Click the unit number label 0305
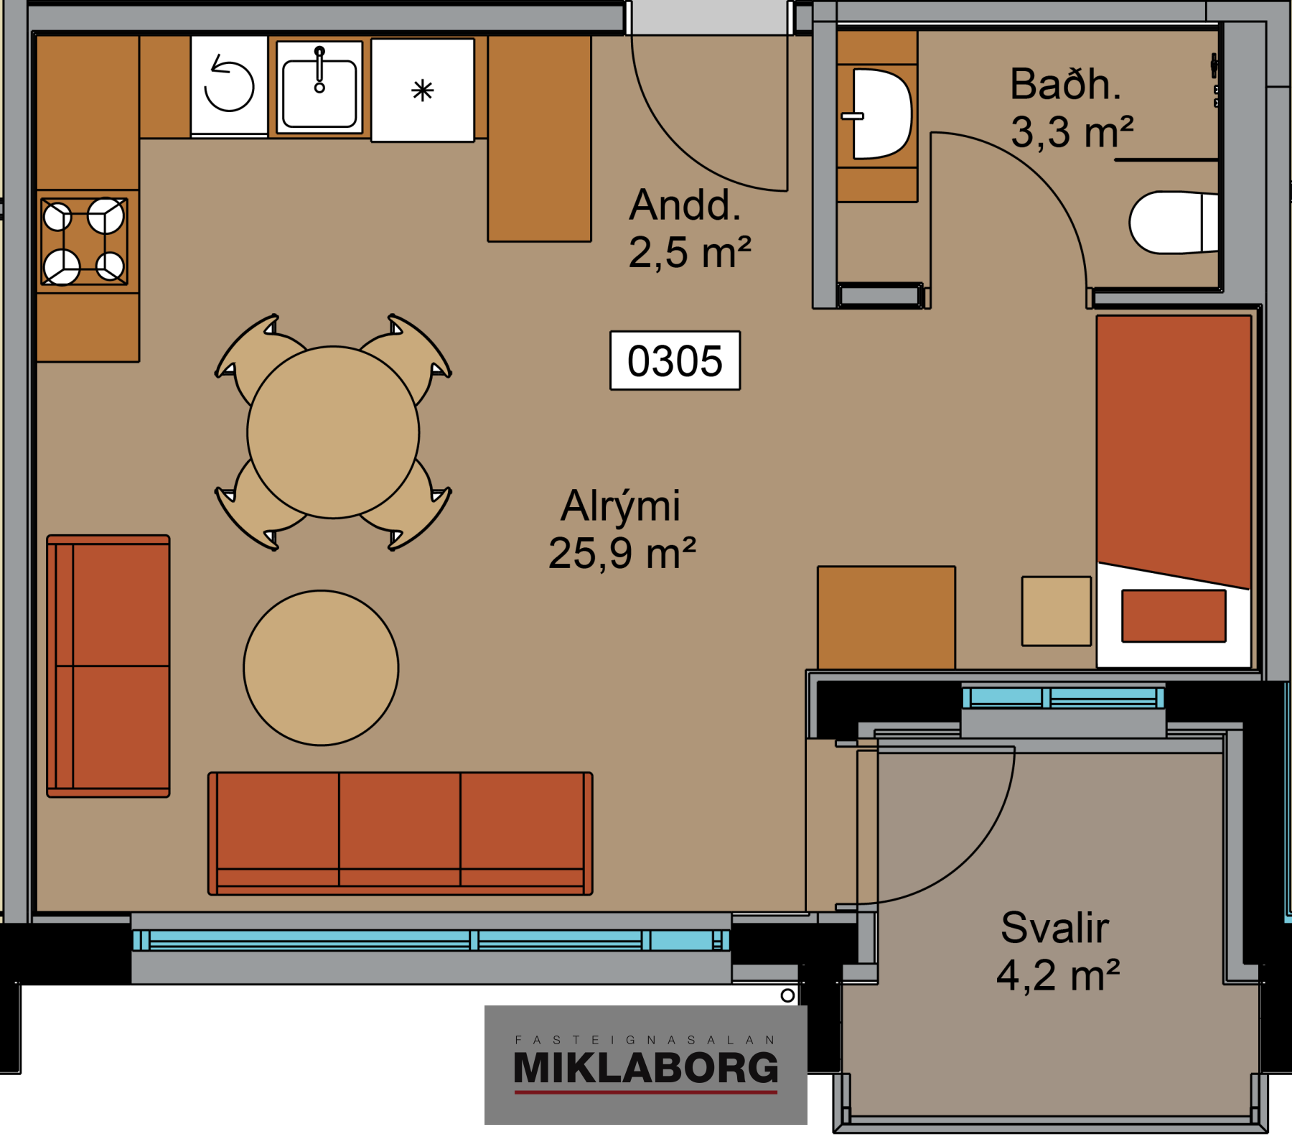click(x=675, y=361)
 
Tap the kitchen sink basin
click(x=319, y=94)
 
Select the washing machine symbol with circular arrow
click(x=229, y=85)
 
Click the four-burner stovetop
click(x=85, y=241)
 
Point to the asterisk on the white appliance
click(x=423, y=90)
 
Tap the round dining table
click(x=333, y=432)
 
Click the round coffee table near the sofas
click(x=321, y=668)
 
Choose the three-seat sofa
click(x=401, y=834)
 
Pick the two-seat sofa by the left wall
click(x=108, y=666)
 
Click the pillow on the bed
click(x=1174, y=615)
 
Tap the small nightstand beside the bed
click(x=1057, y=610)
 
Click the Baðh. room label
click(x=1065, y=84)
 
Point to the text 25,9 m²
click(x=622, y=553)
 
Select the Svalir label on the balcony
click(x=1054, y=927)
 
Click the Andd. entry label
click(x=685, y=205)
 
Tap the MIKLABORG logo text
click(x=646, y=1068)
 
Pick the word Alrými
click(x=621, y=506)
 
